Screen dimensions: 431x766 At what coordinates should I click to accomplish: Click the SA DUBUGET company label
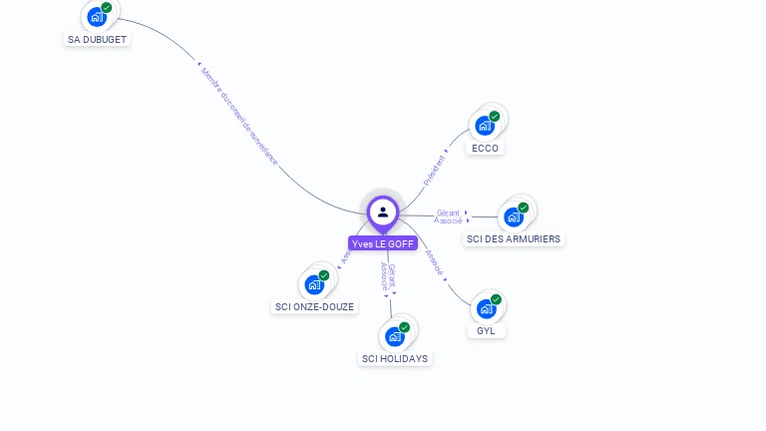[x=98, y=39]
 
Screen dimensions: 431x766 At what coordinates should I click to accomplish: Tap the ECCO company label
[x=485, y=148]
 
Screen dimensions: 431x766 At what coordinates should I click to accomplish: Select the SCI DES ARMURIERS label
[x=514, y=239]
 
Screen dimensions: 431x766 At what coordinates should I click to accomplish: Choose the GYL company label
[x=486, y=330]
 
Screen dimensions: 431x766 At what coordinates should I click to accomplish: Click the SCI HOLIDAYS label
[x=395, y=358]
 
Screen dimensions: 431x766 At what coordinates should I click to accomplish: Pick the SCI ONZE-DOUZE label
[x=314, y=306]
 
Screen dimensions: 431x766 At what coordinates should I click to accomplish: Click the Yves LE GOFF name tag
[x=382, y=243]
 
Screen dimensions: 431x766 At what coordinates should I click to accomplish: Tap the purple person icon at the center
[x=382, y=212]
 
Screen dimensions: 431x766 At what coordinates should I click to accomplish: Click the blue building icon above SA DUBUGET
[x=97, y=16]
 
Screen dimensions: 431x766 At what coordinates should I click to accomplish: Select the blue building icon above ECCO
[x=485, y=125]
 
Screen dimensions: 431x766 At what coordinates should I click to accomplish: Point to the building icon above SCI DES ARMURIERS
[x=514, y=216]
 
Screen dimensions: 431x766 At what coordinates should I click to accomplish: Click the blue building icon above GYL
[x=486, y=308]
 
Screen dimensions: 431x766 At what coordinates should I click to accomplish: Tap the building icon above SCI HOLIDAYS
[x=395, y=336]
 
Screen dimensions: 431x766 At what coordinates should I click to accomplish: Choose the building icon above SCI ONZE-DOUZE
[x=314, y=284]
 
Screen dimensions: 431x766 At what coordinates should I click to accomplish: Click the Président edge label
[x=435, y=171]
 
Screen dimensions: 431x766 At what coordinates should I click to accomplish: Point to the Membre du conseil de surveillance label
[x=238, y=116]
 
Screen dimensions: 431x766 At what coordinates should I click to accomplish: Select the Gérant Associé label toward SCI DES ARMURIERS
[x=449, y=216]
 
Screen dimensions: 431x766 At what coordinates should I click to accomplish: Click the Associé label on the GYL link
[x=433, y=261]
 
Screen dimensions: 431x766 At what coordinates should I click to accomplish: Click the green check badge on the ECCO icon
[x=494, y=117]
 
